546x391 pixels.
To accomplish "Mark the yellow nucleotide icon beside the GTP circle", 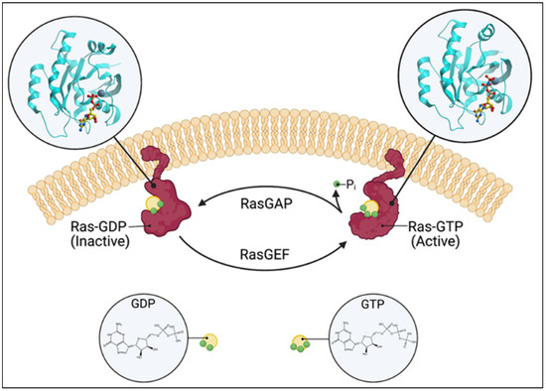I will click(x=300, y=343).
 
